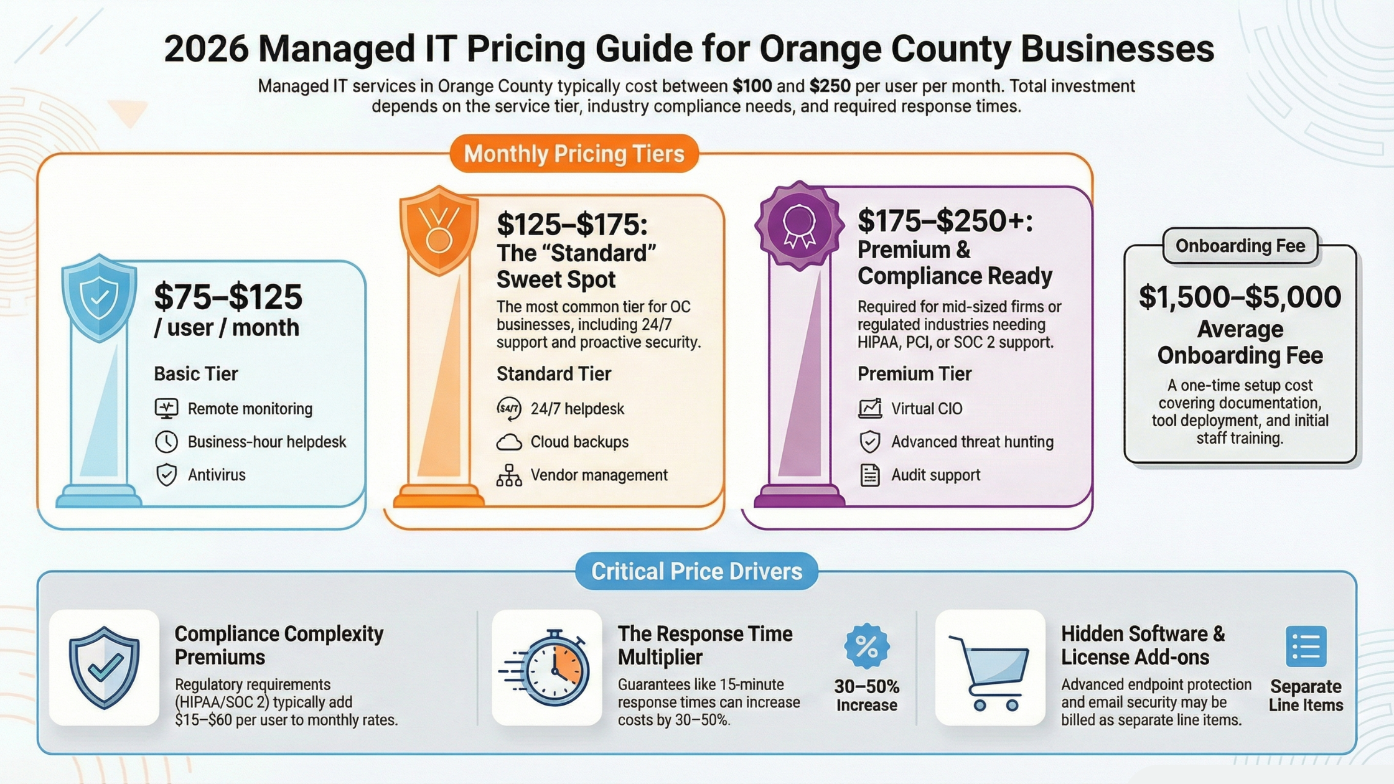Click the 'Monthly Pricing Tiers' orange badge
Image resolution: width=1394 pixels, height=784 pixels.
574,154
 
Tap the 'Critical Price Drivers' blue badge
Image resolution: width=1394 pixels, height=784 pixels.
696,571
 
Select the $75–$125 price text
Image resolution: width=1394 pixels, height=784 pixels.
228,297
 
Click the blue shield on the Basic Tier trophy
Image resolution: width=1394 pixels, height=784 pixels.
100,297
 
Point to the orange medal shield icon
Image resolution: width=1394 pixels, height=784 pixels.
439,230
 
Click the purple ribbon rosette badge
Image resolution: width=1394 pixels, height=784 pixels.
799,225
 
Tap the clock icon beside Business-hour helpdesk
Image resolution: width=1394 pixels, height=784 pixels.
166,442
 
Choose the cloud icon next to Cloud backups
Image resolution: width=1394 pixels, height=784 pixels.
508,442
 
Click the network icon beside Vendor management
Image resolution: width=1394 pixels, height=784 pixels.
508,475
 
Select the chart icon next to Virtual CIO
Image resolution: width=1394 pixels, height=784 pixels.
869,409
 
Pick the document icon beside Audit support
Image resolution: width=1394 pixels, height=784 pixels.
869,475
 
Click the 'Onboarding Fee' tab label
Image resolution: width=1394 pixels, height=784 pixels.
1240,246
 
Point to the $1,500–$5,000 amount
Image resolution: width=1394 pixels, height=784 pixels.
1240,297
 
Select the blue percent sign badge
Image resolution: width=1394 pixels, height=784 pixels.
866,647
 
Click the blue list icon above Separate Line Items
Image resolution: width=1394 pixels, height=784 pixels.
1306,647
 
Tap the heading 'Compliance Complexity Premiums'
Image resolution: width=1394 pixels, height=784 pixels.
279,645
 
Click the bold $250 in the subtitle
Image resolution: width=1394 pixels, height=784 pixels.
830,86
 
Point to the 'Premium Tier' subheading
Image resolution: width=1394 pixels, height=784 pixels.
914,374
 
